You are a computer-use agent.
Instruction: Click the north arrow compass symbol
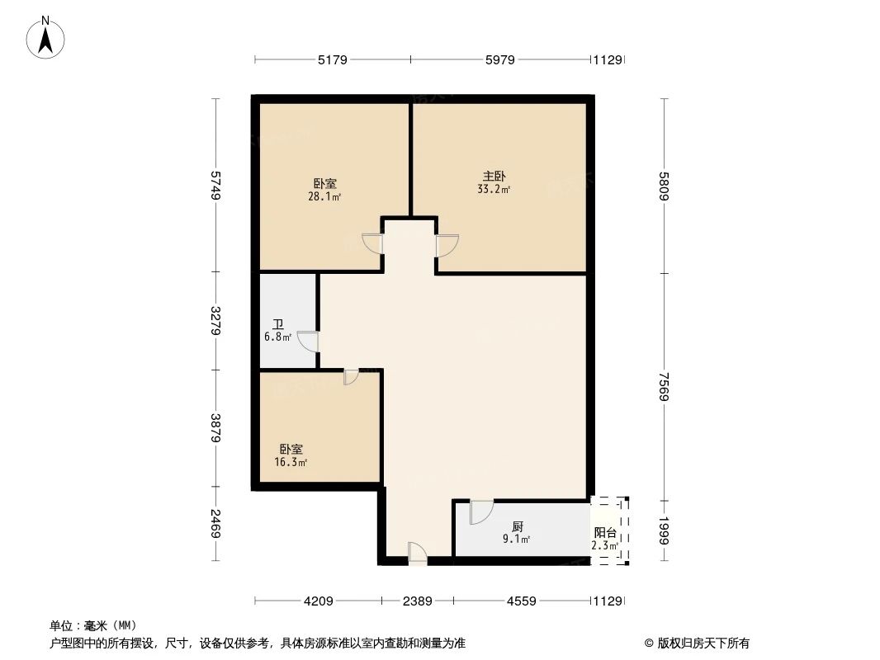(x=46, y=37)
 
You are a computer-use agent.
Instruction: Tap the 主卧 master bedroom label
(x=494, y=177)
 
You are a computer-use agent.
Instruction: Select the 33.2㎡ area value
(x=494, y=190)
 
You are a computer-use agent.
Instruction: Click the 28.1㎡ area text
(x=324, y=197)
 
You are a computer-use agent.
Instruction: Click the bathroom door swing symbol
(x=308, y=341)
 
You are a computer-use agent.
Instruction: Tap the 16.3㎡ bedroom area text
(x=291, y=463)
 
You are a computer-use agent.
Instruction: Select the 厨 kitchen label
(x=517, y=526)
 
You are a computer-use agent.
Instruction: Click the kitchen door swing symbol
(x=480, y=511)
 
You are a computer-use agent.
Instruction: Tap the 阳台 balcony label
(x=604, y=533)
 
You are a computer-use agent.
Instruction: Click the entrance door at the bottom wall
(x=418, y=553)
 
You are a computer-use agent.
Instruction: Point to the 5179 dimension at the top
(x=332, y=59)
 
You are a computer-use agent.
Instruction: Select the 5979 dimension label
(x=500, y=59)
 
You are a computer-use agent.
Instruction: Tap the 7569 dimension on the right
(x=665, y=386)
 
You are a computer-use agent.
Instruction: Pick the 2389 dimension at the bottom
(x=418, y=601)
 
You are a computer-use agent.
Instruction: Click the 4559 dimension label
(x=522, y=601)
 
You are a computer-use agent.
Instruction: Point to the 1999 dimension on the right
(x=665, y=530)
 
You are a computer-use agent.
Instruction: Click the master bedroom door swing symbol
(x=447, y=245)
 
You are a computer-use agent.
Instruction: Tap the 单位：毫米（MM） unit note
(x=92, y=625)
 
